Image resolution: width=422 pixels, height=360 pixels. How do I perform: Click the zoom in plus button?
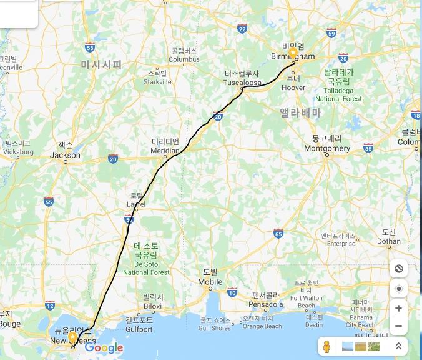pos(398,308)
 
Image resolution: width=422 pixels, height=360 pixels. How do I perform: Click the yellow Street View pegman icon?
pos(326,346)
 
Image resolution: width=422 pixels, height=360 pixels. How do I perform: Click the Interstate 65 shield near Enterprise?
pos(278,234)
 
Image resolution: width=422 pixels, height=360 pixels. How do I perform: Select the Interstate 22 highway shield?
pos(242,29)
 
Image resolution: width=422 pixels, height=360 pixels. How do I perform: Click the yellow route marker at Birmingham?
pos(293,53)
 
